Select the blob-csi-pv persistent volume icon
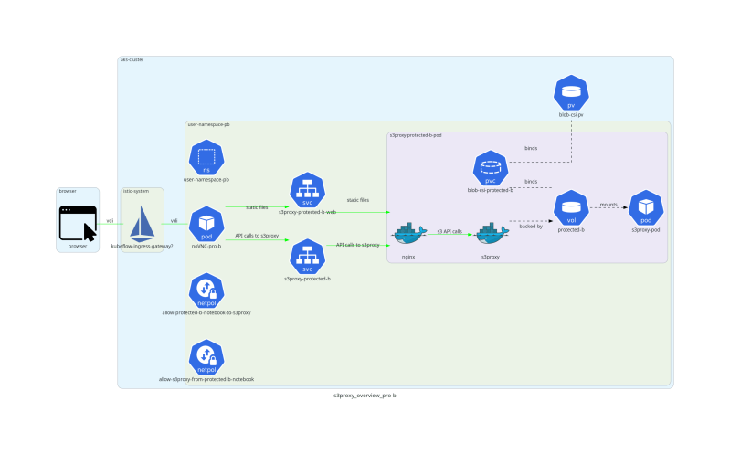click(x=571, y=92)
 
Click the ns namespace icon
click(x=206, y=158)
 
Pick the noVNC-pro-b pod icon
click(x=206, y=224)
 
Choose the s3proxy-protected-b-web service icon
click(x=308, y=191)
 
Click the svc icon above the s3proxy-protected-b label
click(x=308, y=256)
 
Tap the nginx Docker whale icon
click(x=408, y=235)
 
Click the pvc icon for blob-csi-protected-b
click(x=491, y=169)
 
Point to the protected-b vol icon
click(x=571, y=207)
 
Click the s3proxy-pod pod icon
click(x=645, y=207)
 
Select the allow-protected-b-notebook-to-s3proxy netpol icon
click(x=206, y=291)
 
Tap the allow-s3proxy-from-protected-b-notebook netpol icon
click(x=206, y=357)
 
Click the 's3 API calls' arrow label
click(x=449, y=231)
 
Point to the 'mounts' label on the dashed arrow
click(x=608, y=204)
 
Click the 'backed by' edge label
click(x=531, y=226)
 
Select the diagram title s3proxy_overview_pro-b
click(x=365, y=396)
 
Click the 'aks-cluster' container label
click(x=132, y=59)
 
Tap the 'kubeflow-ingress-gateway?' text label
click(x=142, y=247)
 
